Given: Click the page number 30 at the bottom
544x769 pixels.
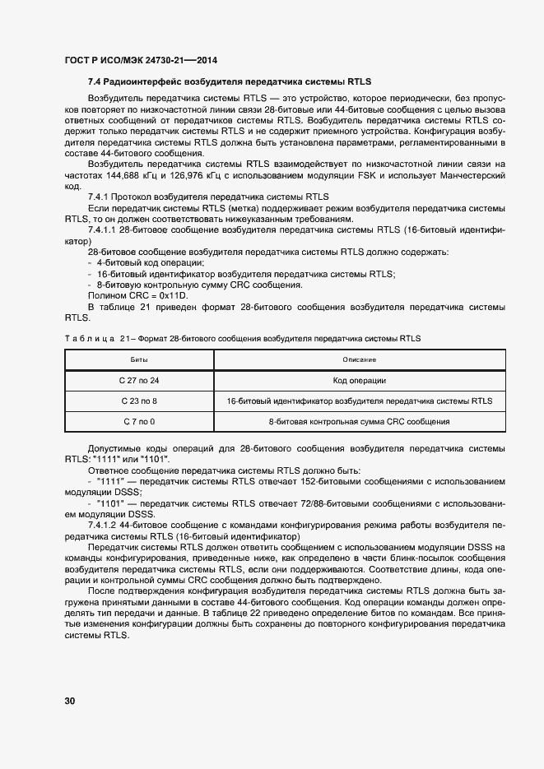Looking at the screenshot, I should [x=69, y=701].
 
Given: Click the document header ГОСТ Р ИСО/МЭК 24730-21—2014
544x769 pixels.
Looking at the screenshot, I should [x=140, y=61].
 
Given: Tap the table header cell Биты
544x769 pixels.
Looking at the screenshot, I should [x=138, y=359].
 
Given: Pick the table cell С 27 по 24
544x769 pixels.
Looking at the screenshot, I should [x=138, y=380].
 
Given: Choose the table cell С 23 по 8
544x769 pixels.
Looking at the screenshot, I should [x=138, y=401].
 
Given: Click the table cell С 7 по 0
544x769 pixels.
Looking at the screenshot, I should [x=138, y=421].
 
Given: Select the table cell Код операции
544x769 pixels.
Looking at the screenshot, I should [x=359, y=380].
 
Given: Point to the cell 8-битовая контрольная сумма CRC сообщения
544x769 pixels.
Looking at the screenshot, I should [x=359, y=421].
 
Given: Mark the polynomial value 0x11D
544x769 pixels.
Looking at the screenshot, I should [x=170, y=295].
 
